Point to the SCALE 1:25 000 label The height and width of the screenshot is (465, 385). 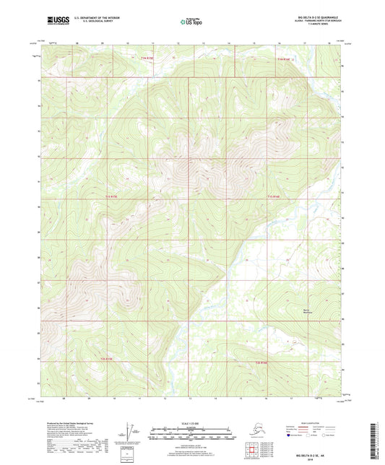pyautogui.click(x=191, y=422)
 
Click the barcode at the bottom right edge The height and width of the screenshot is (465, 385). pyautogui.click(x=378, y=441)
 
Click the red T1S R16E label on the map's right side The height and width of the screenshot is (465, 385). pyautogui.click(x=282, y=196)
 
